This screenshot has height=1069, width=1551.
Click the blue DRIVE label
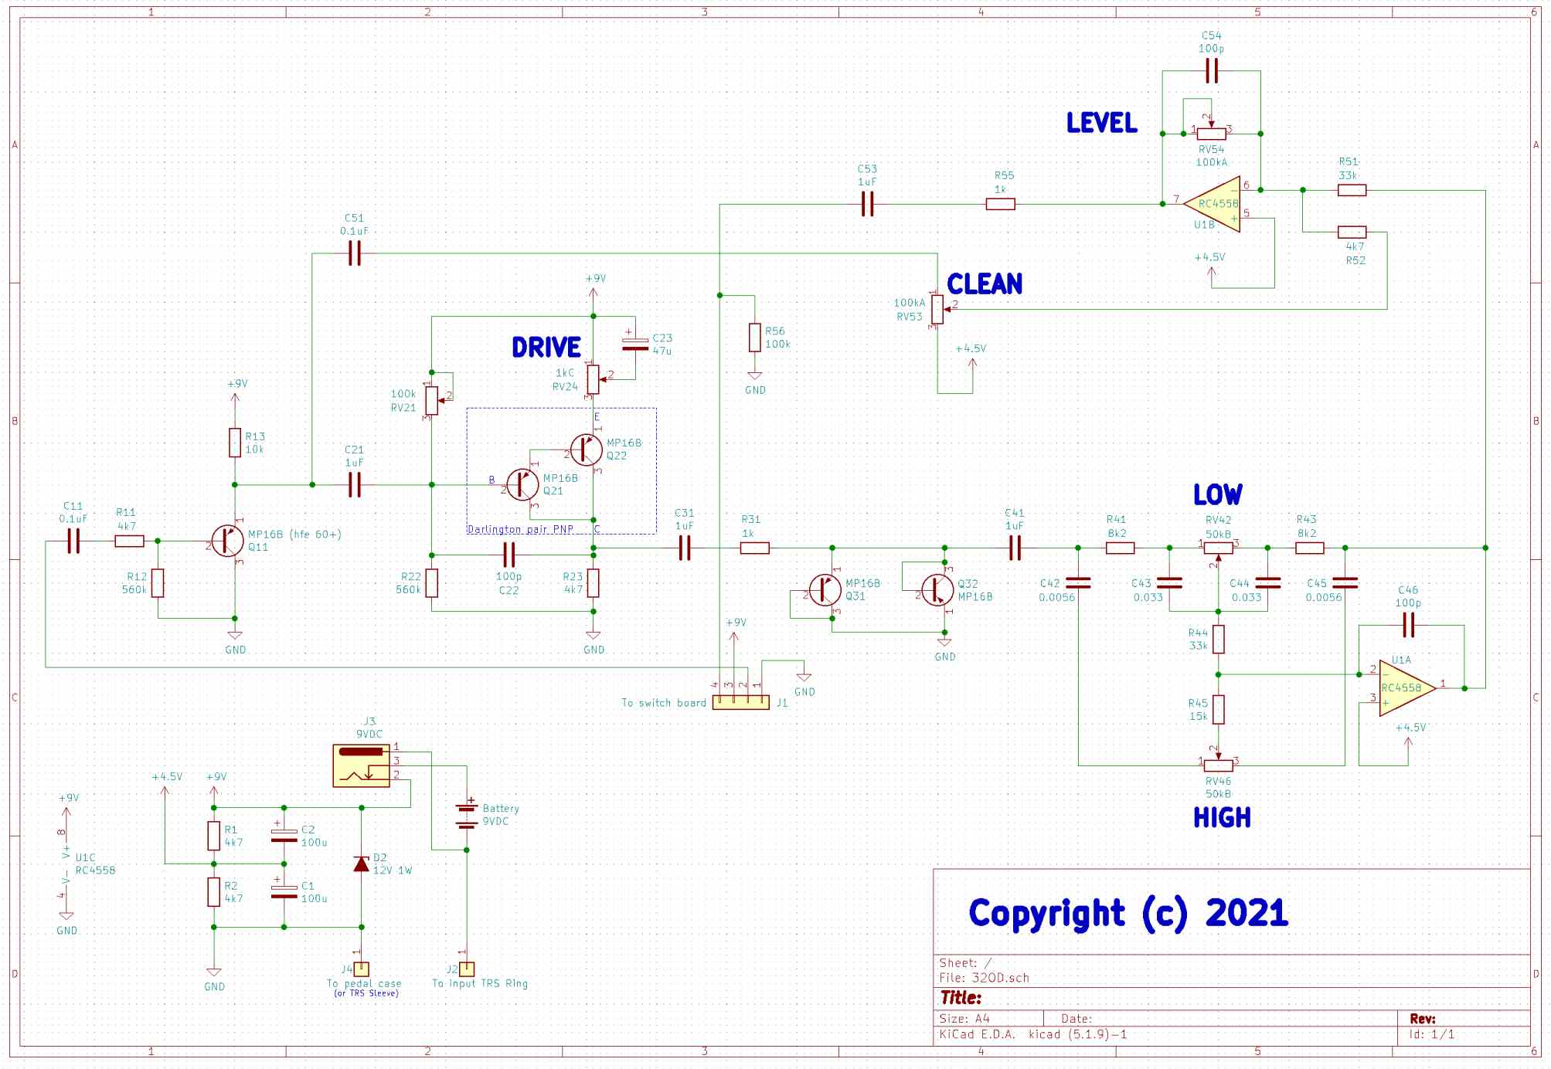coord(546,348)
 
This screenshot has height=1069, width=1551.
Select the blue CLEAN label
coord(985,284)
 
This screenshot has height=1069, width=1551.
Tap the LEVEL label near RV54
coord(1102,123)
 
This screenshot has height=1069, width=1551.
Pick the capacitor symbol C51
coord(355,253)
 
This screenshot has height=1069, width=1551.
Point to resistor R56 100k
coord(755,338)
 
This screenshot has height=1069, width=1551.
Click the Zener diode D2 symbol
coord(361,864)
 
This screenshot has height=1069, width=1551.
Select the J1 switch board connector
coord(740,702)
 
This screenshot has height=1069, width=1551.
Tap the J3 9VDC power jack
coord(362,765)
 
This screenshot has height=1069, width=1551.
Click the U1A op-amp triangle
coord(1405,687)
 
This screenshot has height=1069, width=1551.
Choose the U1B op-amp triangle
coord(1213,204)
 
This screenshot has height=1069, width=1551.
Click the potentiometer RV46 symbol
coord(1219,765)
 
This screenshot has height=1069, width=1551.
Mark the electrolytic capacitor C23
coord(635,344)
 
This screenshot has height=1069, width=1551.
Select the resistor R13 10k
coord(235,443)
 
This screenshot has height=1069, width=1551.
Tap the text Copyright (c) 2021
coord(1128,913)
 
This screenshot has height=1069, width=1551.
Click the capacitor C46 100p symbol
coord(1408,625)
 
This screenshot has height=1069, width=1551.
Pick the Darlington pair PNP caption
coord(520,529)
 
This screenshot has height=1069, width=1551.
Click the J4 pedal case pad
coord(362,969)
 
